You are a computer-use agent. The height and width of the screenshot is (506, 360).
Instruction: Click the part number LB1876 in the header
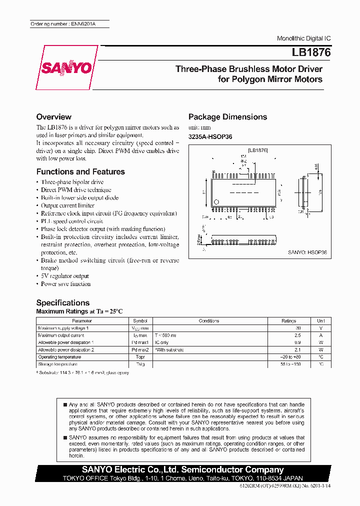pyautogui.click(x=311, y=51)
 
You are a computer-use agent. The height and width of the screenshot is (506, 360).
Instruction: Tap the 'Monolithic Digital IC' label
pyautogui.click(x=303, y=38)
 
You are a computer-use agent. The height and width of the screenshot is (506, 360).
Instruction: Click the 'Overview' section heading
pyautogui.click(x=54, y=116)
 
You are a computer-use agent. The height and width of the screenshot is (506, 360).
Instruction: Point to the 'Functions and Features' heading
pyautogui.click(x=80, y=171)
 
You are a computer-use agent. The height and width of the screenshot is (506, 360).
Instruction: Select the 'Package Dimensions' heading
pyautogui.click(x=227, y=116)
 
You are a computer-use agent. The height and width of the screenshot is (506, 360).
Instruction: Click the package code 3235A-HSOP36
pyautogui.click(x=210, y=136)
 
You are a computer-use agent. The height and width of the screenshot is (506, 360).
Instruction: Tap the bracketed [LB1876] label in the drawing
pyautogui.click(x=258, y=150)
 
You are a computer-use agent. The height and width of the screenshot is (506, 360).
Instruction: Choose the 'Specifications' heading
pyautogui.click(x=63, y=302)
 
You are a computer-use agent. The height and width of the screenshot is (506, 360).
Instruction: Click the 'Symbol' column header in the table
pyautogui.click(x=140, y=320)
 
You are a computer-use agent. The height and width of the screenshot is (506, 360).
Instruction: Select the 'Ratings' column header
pyautogui.click(x=288, y=320)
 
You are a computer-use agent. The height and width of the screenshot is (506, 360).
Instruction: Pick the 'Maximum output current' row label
pyautogui.click(x=61, y=335)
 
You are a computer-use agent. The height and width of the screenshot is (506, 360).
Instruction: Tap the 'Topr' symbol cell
pyautogui.click(x=140, y=357)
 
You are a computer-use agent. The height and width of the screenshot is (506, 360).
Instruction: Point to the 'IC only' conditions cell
pyautogui.click(x=162, y=342)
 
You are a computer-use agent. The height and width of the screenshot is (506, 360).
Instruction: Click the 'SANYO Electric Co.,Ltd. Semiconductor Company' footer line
pyautogui.click(x=183, y=469)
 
